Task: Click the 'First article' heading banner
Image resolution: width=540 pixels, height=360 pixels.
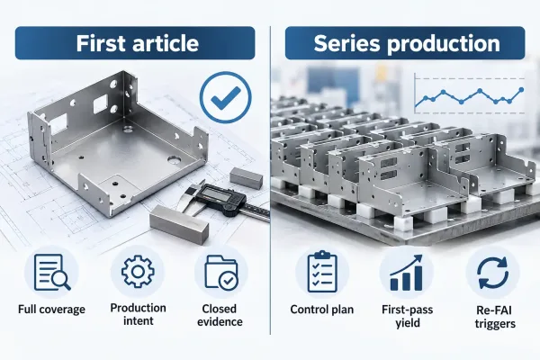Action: [x=135, y=43]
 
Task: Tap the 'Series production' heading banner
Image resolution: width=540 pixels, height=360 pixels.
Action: [x=405, y=43]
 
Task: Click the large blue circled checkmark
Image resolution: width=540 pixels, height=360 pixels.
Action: [x=226, y=97]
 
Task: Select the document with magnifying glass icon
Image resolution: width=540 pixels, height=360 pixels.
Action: [x=52, y=272]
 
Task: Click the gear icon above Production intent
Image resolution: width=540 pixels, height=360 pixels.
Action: [x=138, y=272]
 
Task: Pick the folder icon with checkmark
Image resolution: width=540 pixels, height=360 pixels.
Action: [x=221, y=272]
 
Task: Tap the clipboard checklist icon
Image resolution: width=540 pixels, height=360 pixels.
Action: [x=322, y=272]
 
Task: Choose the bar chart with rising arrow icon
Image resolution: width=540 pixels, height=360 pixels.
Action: [x=407, y=273]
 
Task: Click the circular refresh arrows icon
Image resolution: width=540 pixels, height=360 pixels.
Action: [x=493, y=273]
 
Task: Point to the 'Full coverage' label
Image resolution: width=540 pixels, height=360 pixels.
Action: [x=51, y=309]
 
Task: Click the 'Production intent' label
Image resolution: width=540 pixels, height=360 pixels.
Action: [x=138, y=314]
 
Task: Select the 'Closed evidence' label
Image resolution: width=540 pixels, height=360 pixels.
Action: [x=220, y=315]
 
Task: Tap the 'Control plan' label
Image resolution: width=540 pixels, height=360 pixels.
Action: [x=322, y=310]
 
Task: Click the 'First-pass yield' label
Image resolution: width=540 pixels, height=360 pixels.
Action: [x=408, y=316]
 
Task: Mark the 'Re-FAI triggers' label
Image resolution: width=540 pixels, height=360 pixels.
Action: [x=495, y=317]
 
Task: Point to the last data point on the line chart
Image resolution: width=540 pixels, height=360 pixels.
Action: [x=521, y=90]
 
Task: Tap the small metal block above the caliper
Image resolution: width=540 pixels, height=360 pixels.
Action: [x=246, y=178]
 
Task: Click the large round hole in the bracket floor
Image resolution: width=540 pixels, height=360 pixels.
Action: [x=175, y=159]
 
